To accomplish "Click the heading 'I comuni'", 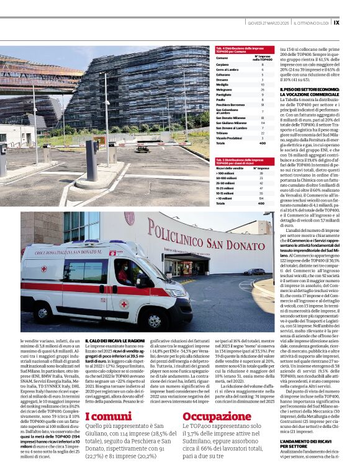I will click(108, 417).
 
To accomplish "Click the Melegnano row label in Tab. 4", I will click(223, 90).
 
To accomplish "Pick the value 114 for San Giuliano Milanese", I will click(263, 123).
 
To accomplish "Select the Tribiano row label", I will click(222, 132).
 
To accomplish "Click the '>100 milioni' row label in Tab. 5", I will click(224, 173).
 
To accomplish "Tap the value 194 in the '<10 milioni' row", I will click(261, 198).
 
